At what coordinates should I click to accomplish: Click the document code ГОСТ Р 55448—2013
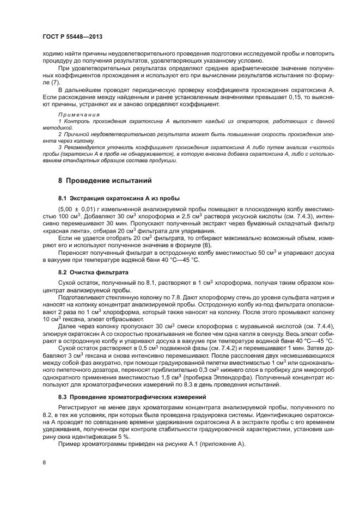pos(72,36)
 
